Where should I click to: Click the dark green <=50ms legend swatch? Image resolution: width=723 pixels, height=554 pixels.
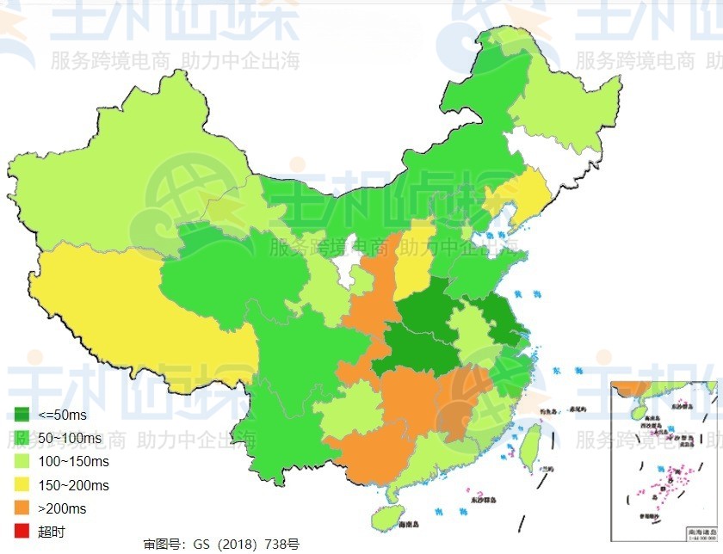[22, 415]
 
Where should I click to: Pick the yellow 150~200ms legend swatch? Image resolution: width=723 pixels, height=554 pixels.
[22, 485]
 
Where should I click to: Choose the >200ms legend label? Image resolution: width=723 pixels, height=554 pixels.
[61, 508]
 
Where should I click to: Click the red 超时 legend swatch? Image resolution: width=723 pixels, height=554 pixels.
[22, 532]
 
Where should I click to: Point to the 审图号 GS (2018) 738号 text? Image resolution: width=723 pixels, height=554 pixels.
[221, 545]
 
